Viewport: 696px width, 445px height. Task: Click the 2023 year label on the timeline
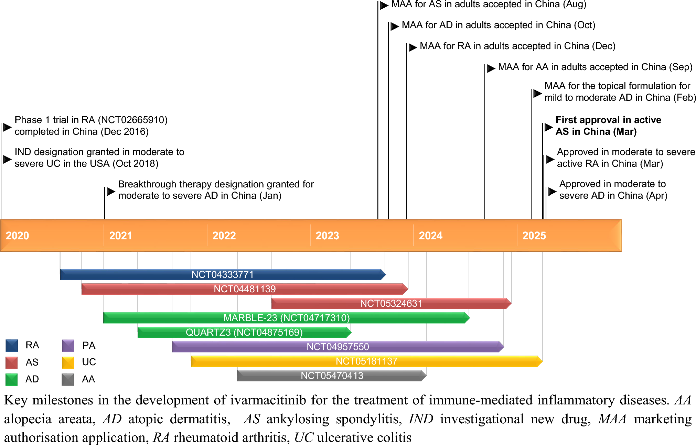327,236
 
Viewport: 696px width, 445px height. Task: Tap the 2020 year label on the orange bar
18,236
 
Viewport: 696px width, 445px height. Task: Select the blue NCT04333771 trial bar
222,274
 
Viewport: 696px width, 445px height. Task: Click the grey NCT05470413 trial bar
332,376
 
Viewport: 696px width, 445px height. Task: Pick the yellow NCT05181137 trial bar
366,361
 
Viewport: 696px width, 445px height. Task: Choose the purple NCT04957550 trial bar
338,347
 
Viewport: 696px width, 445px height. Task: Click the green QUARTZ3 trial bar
244,332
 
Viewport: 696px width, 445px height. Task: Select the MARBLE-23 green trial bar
286,318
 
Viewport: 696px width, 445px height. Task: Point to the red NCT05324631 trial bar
391,303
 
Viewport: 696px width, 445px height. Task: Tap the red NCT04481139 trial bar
245,289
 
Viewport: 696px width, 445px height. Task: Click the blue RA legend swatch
12,345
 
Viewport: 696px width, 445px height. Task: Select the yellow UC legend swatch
68,362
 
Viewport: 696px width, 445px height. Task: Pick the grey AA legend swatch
68,379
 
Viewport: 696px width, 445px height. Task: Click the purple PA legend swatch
68,345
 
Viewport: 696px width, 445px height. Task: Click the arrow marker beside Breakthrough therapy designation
111,191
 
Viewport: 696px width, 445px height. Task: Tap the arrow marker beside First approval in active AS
548,127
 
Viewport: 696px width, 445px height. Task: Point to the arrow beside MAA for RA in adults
413,47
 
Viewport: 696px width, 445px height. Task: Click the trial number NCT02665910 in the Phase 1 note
133,120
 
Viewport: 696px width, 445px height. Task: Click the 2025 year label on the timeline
534,236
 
